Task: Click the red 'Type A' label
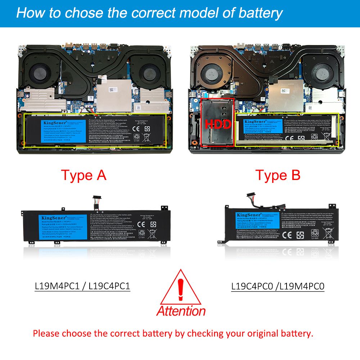coord(84,175)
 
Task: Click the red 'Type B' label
coord(278,175)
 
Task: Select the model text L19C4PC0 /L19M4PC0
coord(278,286)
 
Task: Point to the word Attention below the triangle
coord(181,310)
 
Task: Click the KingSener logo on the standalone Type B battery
coord(245,215)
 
